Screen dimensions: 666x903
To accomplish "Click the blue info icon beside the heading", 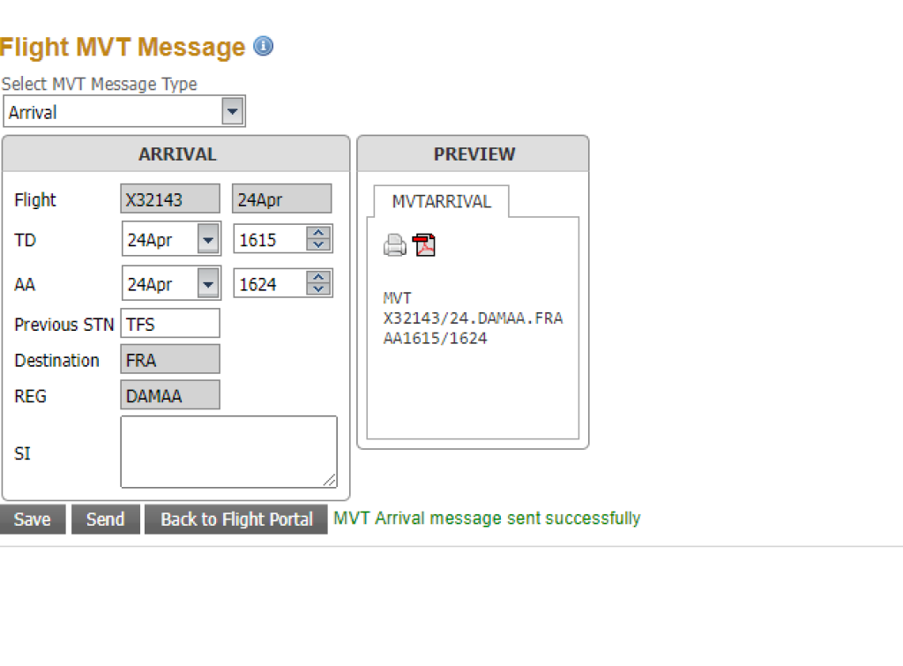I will pos(263,46).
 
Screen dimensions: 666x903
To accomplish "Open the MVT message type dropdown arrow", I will pos(232,112).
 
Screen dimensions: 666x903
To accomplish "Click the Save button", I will pos(33,520).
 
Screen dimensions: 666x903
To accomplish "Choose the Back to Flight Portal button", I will pos(236,520).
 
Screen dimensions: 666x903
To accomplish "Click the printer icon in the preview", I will pos(394,245).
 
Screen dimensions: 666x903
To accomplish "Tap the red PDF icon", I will pos(424,245).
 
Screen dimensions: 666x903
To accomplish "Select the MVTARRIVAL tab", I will pos(441,201).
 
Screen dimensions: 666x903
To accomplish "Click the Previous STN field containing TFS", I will pos(170,324).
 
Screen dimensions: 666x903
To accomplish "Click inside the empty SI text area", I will pos(228,452).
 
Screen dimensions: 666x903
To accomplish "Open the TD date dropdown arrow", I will pos(208,239).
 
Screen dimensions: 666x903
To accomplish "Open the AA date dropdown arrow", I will pos(208,284).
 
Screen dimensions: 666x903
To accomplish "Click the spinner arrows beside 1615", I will pos(319,239).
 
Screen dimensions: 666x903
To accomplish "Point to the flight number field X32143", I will pos(170,199).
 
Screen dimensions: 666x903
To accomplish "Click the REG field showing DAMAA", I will pos(170,396).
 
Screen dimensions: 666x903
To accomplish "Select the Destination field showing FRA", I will pos(170,360).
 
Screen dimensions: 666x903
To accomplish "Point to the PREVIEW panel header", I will pos(474,154).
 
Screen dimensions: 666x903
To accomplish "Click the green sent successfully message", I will pos(487,519).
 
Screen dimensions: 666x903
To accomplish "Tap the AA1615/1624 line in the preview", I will pos(435,338).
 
